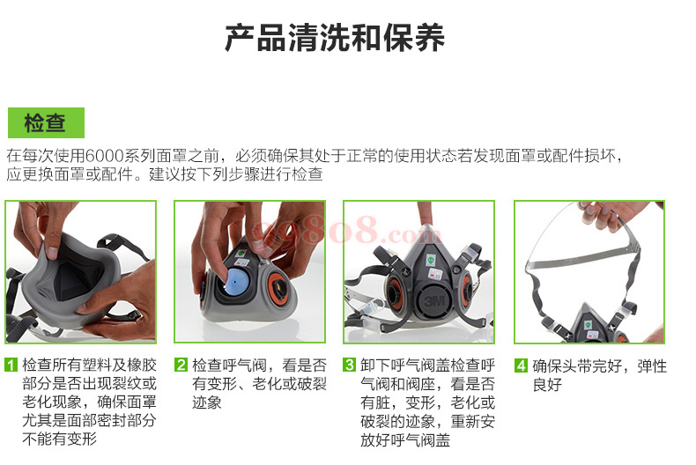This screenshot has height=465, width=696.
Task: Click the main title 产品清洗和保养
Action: click(x=335, y=38)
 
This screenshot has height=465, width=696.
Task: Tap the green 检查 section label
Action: click(x=46, y=122)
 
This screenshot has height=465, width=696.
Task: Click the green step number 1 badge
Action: click(x=11, y=365)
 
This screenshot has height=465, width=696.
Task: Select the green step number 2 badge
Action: click(x=181, y=365)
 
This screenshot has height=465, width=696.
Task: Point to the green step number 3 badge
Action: click(x=350, y=365)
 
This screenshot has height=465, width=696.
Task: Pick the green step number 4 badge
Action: click(x=521, y=365)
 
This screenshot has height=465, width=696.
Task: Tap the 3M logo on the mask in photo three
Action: click(x=434, y=301)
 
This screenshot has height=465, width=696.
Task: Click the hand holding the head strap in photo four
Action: click(x=606, y=215)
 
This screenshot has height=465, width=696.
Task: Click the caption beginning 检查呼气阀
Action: click(x=259, y=384)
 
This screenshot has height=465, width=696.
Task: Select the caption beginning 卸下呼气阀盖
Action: click(x=427, y=402)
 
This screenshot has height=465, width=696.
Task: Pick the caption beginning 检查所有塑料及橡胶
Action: click(x=89, y=402)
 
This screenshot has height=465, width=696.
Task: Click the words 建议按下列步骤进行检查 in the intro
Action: click(x=236, y=174)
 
